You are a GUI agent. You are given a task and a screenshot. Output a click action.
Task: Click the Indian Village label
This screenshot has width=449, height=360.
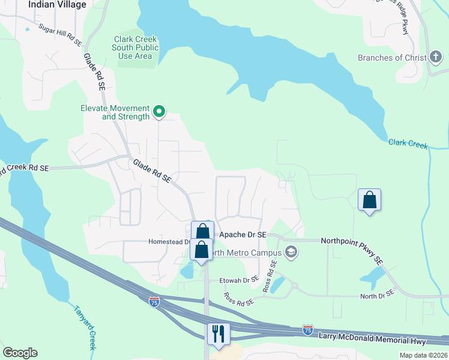[x=57, y=4]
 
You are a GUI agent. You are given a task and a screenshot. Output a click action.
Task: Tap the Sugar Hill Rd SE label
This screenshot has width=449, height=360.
[x=59, y=35]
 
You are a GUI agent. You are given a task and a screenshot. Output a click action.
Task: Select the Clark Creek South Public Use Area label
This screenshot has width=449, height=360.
[x=136, y=48]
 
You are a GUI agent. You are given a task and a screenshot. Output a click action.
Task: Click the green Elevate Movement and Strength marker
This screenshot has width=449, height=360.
[x=159, y=110]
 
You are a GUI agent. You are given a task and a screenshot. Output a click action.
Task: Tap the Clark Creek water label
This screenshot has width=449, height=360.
[x=408, y=143]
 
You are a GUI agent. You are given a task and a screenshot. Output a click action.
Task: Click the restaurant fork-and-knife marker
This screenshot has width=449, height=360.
[x=218, y=334]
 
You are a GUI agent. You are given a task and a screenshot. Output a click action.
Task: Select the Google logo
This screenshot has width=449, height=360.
[x=20, y=352]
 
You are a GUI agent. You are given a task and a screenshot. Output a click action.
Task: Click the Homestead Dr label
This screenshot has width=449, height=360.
[x=168, y=242]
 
